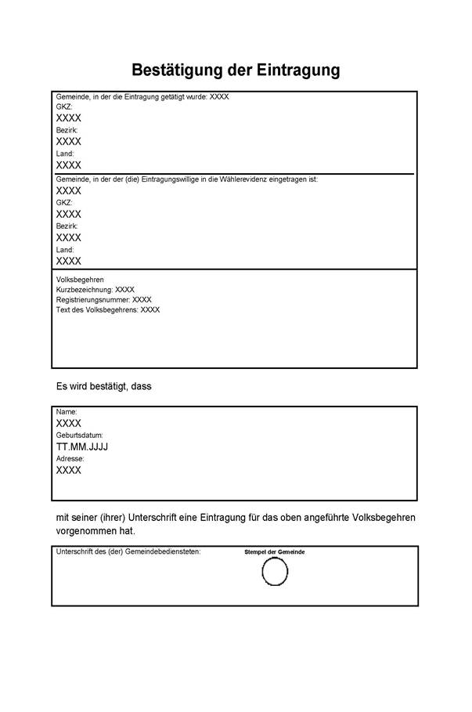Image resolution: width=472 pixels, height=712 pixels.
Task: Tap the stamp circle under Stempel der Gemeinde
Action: click(275, 572)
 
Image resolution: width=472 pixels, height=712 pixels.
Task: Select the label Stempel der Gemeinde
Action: click(275, 552)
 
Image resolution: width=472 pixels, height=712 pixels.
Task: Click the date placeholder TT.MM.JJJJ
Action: click(82, 446)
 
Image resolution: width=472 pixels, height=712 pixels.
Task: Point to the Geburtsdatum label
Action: click(79, 435)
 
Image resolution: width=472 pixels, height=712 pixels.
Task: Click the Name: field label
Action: click(67, 411)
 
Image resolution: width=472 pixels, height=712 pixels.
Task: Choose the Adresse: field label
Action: click(70, 458)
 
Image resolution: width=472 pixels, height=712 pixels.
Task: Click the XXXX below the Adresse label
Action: click(68, 470)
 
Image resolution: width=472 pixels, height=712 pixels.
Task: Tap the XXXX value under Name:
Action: click(68, 423)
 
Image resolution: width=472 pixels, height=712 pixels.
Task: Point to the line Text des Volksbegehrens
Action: click(107, 310)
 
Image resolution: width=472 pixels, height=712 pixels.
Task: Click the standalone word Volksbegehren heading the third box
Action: click(80, 280)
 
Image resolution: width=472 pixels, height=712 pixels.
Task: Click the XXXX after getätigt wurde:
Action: click(219, 97)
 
